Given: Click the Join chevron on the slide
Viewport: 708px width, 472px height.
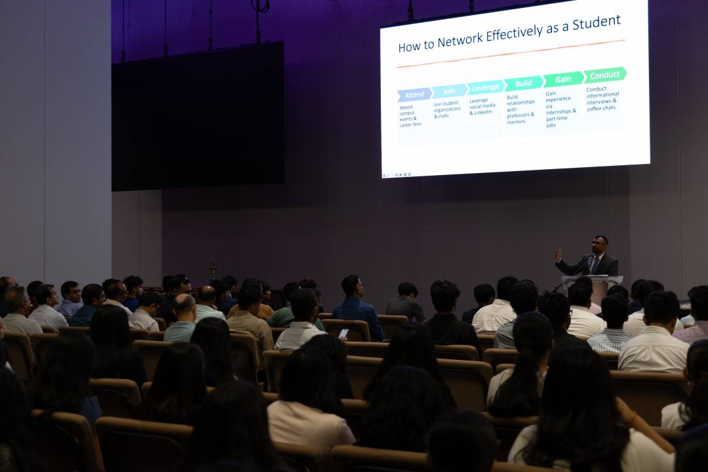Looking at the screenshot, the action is point(449,90).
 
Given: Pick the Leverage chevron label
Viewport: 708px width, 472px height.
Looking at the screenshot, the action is point(485,87).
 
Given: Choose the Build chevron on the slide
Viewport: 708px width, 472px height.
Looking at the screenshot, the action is point(523,83).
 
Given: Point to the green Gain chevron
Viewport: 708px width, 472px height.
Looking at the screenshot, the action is point(563,79).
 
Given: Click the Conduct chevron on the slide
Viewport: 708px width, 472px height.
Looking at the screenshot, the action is point(604,75).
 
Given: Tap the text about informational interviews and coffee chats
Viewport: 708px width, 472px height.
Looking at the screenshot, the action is point(602,98).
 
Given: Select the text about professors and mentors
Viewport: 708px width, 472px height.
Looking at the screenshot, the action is point(520,109).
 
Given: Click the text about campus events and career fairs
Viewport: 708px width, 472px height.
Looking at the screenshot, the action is point(410,116).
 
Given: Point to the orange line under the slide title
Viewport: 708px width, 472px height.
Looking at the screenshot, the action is point(511,54).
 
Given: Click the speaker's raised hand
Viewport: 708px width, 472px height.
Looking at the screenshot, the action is point(559,255).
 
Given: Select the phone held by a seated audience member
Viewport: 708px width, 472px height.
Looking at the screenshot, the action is point(344,333).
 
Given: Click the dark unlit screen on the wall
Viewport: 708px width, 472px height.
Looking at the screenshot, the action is point(198,117).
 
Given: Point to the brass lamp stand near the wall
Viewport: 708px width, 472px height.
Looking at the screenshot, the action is point(213,271).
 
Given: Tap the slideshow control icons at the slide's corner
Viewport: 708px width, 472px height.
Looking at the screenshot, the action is point(397,175).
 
